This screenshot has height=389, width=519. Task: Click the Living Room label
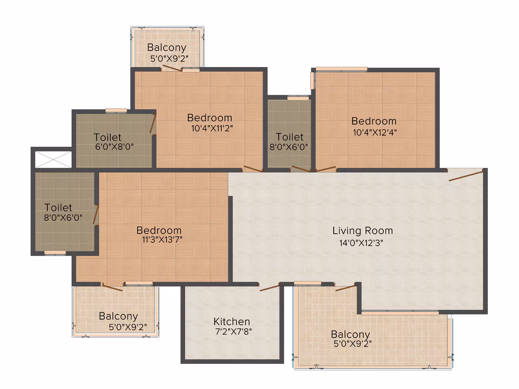(362, 231)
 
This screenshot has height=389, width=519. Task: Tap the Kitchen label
(232, 321)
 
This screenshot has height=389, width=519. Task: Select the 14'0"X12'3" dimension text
(361, 243)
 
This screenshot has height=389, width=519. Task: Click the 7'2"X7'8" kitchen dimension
(234, 331)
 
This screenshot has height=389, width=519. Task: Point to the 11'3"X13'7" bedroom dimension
(162, 240)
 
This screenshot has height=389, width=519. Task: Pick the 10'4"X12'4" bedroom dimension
(374, 133)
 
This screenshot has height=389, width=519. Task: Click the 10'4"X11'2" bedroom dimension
(212, 128)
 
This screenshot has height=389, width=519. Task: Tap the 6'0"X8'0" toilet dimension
(114, 147)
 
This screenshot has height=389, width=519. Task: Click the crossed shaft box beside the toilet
(53, 159)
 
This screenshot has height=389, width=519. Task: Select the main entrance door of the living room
(466, 175)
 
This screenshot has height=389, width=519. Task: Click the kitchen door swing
(269, 288)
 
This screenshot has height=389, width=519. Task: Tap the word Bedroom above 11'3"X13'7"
(159, 230)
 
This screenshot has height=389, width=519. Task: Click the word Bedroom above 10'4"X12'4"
(374, 121)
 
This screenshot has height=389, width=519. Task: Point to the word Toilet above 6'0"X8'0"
(107, 137)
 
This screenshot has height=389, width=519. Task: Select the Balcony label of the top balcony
(167, 48)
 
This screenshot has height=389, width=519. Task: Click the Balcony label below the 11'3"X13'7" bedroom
(119, 316)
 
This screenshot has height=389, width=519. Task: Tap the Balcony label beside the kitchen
(350, 334)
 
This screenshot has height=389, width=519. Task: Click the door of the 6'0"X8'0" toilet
(153, 124)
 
